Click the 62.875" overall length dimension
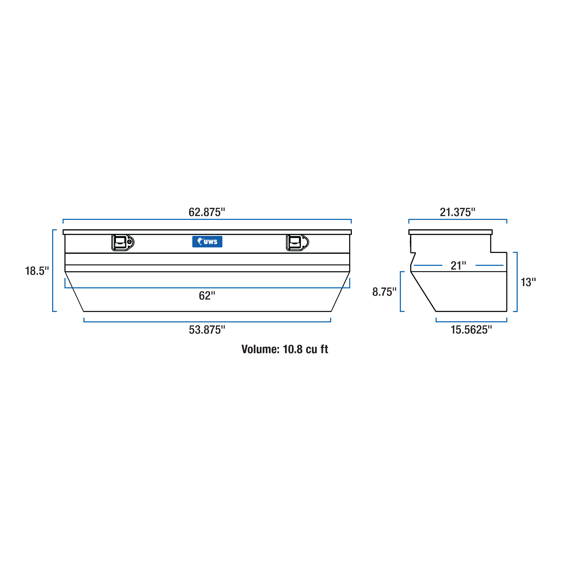pos(207,212)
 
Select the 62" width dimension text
pos(207,296)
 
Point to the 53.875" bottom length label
pos(207,330)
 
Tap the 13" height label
pos(528,282)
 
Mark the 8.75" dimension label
pos(384,292)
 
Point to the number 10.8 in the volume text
pos(292,349)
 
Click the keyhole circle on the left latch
pos(129,242)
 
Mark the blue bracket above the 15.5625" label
pos(471,322)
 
